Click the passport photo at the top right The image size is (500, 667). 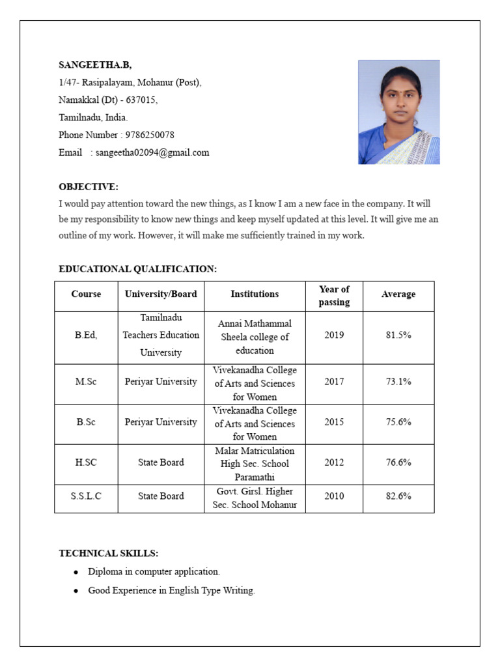(x=398, y=112)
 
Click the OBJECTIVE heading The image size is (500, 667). (x=89, y=187)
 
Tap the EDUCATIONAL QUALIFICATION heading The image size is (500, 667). (x=137, y=269)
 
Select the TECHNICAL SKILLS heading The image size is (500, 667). (x=108, y=553)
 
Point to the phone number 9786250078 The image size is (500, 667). (x=150, y=135)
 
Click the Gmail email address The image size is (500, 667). (x=152, y=152)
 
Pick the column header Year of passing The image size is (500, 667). (x=334, y=295)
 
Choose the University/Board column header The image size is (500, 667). (x=161, y=294)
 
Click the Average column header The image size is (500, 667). (x=398, y=294)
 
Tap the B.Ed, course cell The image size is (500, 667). (x=86, y=335)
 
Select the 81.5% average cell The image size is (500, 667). (x=398, y=335)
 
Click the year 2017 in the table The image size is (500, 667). (x=334, y=382)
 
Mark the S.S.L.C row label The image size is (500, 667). (x=86, y=496)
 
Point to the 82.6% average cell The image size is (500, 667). (x=398, y=496)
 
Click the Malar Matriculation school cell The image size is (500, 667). (x=255, y=464)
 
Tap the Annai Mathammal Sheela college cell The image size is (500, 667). (x=255, y=337)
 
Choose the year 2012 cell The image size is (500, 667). (x=334, y=462)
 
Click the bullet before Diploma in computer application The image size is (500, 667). (x=76, y=572)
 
